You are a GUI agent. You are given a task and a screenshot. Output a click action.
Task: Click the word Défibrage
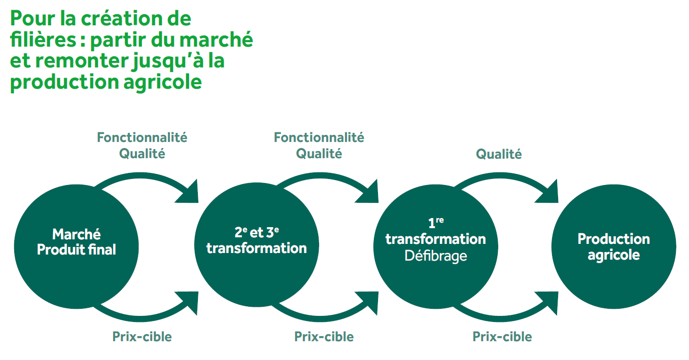pyautogui.click(x=435, y=256)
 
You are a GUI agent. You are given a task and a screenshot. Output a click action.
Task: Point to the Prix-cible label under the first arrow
pyautogui.click(x=142, y=336)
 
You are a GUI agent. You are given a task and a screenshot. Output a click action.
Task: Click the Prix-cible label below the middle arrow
pyautogui.click(x=324, y=336)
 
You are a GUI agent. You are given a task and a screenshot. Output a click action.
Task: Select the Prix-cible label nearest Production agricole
pyautogui.click(x=502, y=336)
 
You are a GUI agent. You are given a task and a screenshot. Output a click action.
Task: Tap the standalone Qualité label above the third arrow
pyautogui.click(x=499, y=154)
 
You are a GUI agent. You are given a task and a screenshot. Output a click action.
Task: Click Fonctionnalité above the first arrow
pyautogui.click(x=142, y=137)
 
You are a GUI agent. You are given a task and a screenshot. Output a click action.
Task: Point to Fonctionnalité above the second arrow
pyautogui.click(x=319, y=137)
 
